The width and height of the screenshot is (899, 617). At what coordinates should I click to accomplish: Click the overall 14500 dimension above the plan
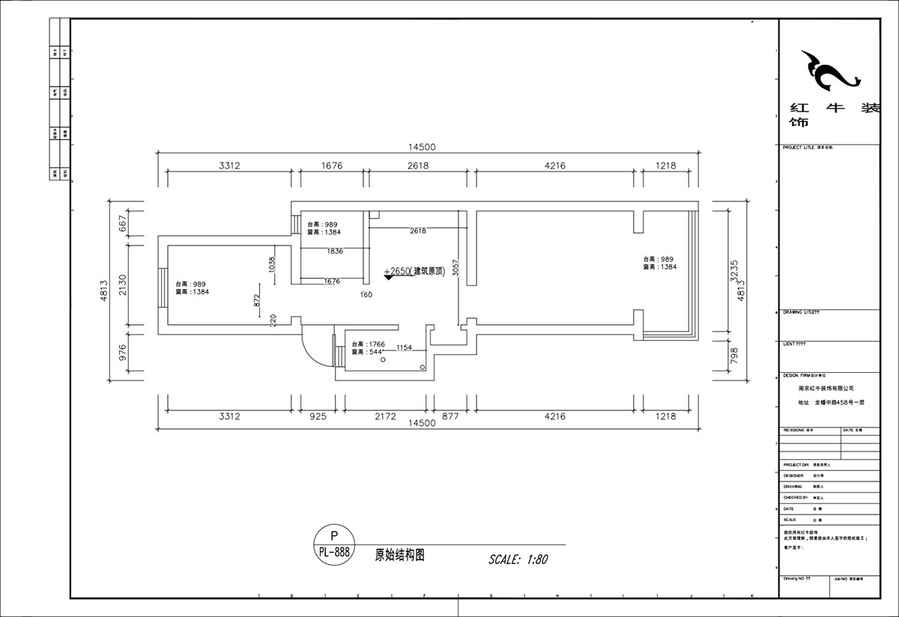(421, 148)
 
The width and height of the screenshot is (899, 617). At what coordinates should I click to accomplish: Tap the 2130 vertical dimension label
(124, 284)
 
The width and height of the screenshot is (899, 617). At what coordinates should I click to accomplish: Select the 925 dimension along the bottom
(318, 416)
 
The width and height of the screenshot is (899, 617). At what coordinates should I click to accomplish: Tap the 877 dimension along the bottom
(450, 416)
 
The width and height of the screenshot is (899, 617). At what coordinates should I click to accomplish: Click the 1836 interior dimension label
(335, 252)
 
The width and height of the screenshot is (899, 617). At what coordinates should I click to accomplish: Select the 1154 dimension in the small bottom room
(405, 347)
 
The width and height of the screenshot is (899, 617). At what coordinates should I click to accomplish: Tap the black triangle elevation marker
(388, 277)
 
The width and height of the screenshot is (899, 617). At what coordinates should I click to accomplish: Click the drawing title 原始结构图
(400, 556)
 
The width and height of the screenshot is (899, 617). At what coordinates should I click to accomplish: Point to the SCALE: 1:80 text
(518, 559)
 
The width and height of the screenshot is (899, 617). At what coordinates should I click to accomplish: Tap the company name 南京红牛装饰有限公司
(826, 389)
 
